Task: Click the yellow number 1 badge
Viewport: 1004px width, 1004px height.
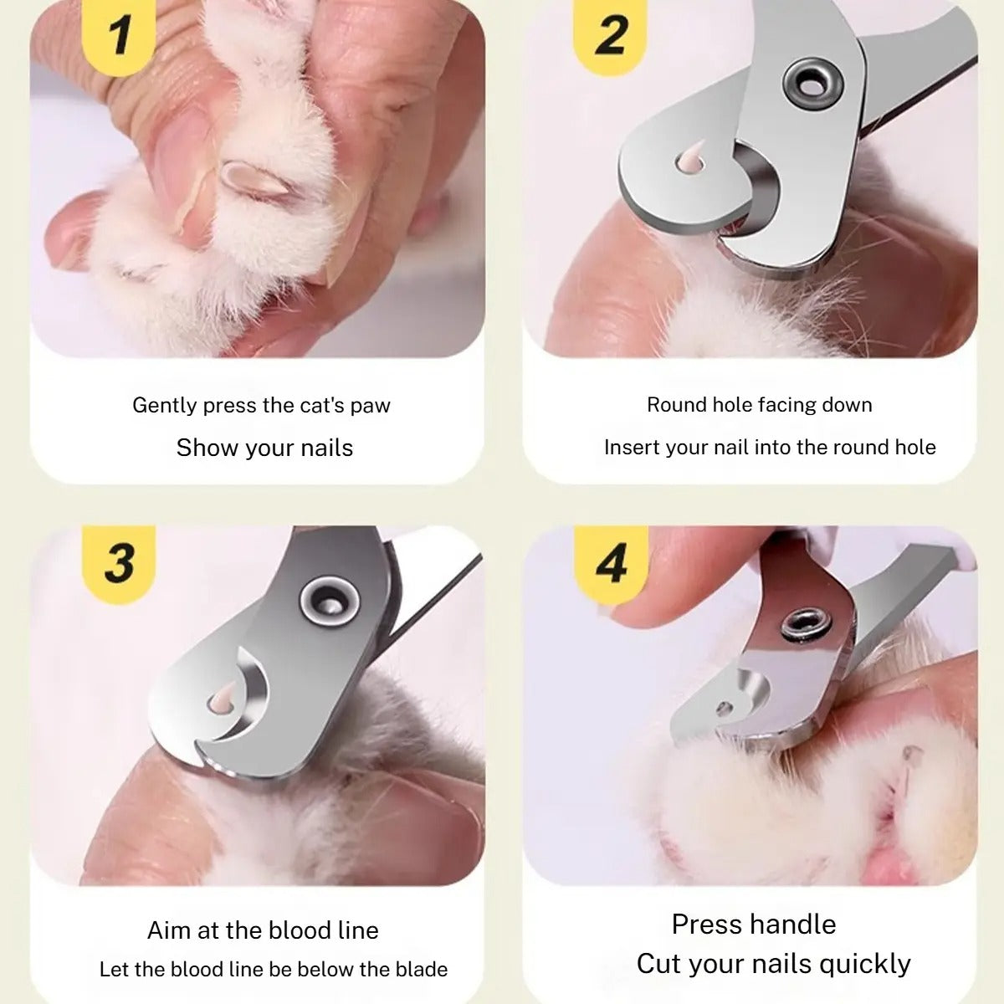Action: coord(119,37)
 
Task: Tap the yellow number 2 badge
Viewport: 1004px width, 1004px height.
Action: coord(610,37)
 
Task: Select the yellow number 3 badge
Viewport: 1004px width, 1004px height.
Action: coord(119,563)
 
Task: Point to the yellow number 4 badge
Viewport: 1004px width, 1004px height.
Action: coord(611,563)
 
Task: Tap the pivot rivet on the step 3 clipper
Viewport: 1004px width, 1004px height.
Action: coord(330,601)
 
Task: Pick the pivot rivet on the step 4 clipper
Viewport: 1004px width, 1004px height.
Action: coord(806,625)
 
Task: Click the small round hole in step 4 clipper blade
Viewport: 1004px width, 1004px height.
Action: coord(725,708)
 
